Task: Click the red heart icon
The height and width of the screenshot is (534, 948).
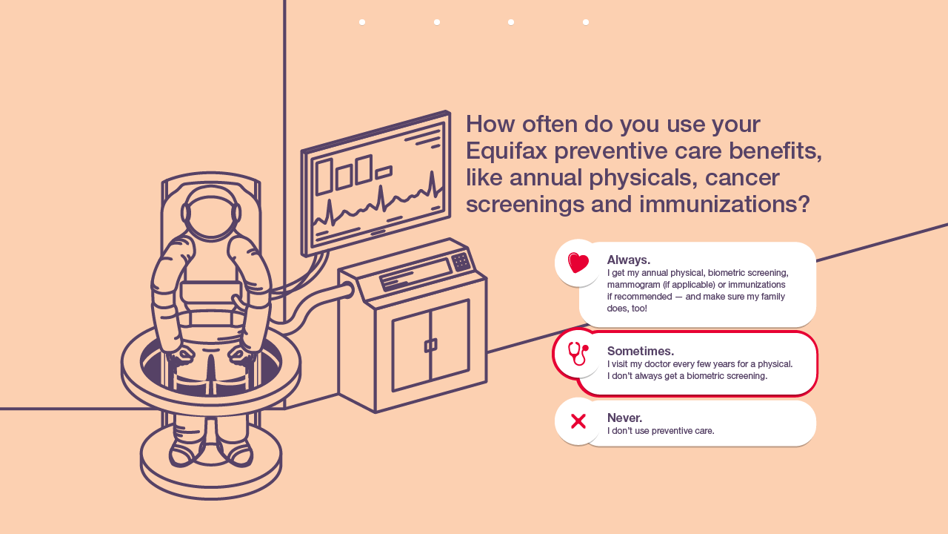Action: click(578, 263)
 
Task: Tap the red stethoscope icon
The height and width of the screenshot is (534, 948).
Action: click(578, 354)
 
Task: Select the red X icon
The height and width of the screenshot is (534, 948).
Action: click(578, 421)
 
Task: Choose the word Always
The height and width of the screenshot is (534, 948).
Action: click(628, 260)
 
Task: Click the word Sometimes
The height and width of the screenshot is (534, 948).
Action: click(640, 351)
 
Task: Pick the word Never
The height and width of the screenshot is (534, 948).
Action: click(624, 418)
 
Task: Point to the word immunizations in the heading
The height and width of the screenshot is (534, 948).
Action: click(725, 203)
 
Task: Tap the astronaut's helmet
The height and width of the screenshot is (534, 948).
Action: click(211, 213)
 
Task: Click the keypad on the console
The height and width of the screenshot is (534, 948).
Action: click(461, 261)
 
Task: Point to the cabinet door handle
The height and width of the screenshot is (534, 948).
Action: click(430, 346)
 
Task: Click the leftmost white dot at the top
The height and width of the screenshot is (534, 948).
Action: click(362, 22)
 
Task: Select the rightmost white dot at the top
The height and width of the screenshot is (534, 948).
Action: click(586, 22)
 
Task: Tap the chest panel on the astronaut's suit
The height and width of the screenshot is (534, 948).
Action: click(211, 292)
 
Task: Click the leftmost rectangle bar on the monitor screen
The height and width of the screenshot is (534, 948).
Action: click(324, 177)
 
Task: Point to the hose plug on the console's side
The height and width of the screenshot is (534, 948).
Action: click(347, 289)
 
